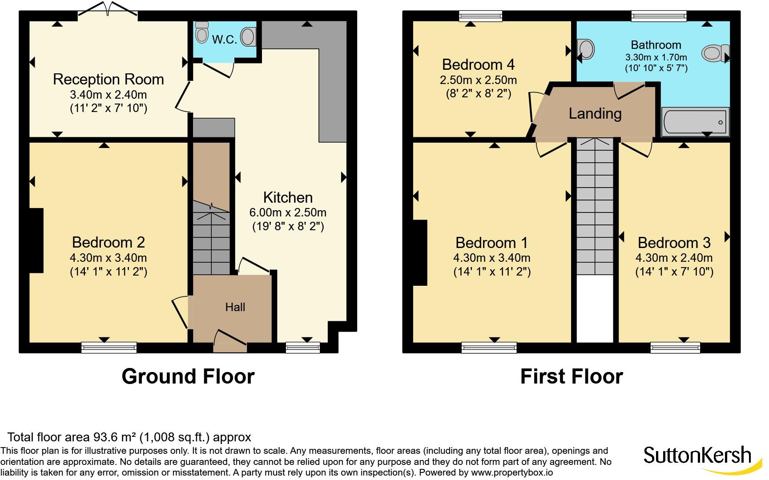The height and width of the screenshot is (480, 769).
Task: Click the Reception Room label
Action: [x=109, y=79]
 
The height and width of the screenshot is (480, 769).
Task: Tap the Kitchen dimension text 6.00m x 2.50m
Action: [x=288, y=212]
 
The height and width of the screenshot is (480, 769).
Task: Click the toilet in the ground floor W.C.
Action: [x=201, y=32]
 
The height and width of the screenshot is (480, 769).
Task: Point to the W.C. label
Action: [x=225, y=40]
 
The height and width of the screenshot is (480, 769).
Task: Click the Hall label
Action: [x=235, y=307]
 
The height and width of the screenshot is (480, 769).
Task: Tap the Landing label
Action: [x=595, y=114]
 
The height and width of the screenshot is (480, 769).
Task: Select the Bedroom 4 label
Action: [x=478, y=64]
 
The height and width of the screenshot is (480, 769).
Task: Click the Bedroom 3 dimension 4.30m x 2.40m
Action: [x=674, y=258]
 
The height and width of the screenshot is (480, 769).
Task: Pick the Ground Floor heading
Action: [x=188, y=376]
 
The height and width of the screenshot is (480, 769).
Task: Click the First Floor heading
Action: [x=572, y=376]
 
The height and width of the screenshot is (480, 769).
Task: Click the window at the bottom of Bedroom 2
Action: [x=109, y=347]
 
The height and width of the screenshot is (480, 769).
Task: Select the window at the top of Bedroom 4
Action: [x=481, y=16]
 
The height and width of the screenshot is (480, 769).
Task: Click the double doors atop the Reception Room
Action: [x=108, y=11]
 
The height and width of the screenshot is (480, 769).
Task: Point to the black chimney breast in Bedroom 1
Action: [x=420, y=252]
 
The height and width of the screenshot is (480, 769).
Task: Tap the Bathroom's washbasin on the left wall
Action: [x=586, y=49]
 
